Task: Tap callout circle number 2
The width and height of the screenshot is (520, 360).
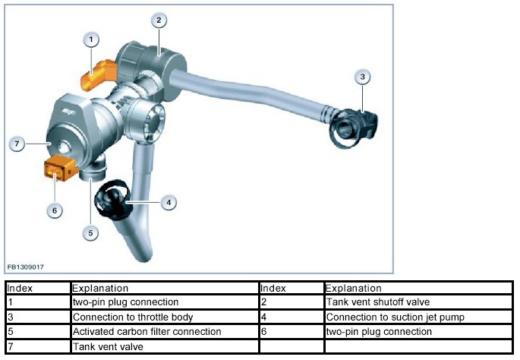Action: point(158,21)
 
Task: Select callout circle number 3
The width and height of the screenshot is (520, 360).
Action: point(363,77)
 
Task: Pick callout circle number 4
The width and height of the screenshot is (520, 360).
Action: point(168,202)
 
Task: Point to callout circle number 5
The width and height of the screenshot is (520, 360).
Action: point(90,233)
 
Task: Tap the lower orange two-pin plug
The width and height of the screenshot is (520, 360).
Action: point(58,168)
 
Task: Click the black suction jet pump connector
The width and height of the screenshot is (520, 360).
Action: point(113,201)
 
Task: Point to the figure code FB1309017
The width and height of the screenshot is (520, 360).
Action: point(26,267)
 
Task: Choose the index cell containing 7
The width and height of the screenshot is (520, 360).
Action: point(37,346)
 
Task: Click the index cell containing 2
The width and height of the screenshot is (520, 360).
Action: point(291,302)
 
